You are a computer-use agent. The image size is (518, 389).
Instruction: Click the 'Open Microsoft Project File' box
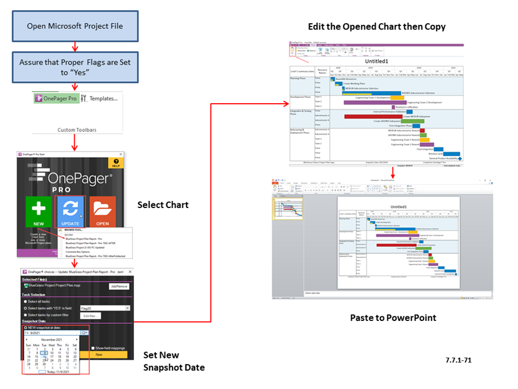[75, 26]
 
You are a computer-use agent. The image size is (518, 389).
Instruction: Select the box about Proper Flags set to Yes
[75, 66]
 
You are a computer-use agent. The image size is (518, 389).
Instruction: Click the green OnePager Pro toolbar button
[56, 99]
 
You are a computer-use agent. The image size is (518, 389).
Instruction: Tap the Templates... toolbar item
[100, 99]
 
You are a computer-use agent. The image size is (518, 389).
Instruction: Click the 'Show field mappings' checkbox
[93, 348]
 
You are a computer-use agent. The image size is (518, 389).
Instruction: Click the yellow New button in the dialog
[99, 355]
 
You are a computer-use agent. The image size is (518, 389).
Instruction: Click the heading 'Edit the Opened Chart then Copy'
[376, 27]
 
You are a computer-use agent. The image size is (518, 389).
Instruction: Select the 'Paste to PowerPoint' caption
[393, 318]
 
